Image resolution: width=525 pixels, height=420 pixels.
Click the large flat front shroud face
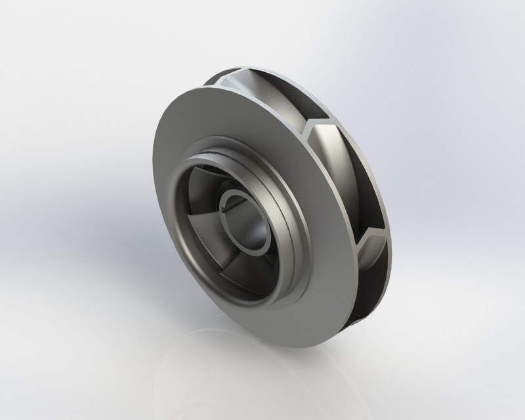point(184,262)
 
